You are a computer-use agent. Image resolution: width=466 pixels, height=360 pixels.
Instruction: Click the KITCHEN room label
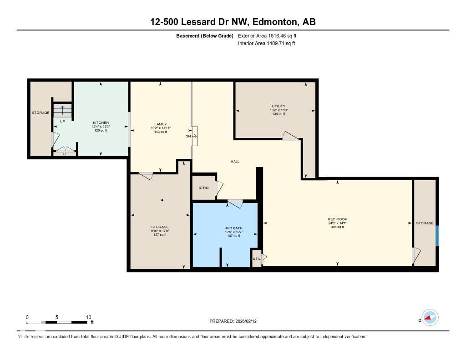pyautogui.click(x=101, y=123)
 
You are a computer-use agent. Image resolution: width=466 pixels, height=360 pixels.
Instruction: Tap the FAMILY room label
pyautogui.click(x=160, y=124)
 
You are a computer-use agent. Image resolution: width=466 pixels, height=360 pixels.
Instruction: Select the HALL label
pyautogui.click(x=235, y=162)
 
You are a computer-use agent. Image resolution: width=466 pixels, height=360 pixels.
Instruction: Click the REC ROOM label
pyautogui.click(x=337, y=219)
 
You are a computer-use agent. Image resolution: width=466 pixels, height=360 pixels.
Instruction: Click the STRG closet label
pyautogui.click(x=203, y=188)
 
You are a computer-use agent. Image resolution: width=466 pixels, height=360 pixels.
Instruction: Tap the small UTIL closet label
pyautogui.click(x=256, y=259)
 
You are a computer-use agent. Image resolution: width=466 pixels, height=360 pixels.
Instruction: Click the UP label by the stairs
pyautogui.click(x=62, y=122)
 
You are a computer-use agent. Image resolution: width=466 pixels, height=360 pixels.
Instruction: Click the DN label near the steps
pyautogui.click(x=188, y=136)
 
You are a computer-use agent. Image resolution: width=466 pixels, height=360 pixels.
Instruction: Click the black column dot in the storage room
pyautogui.click(x=162, y=200)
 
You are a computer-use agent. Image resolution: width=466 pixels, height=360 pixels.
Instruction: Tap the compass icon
pyautogui.click(x=430, y=318)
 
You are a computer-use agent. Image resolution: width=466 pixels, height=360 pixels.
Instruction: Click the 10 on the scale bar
pyautogui.click(x=88, y=317)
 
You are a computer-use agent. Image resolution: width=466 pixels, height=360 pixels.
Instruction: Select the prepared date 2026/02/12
pyautogui.click(x=249, y=321)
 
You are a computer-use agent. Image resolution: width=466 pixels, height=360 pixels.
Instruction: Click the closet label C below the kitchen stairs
pyautogui.click(x=64, y=154)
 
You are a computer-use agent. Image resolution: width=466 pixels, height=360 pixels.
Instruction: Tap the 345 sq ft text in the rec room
pyautogui.click(x=337, y=227)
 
